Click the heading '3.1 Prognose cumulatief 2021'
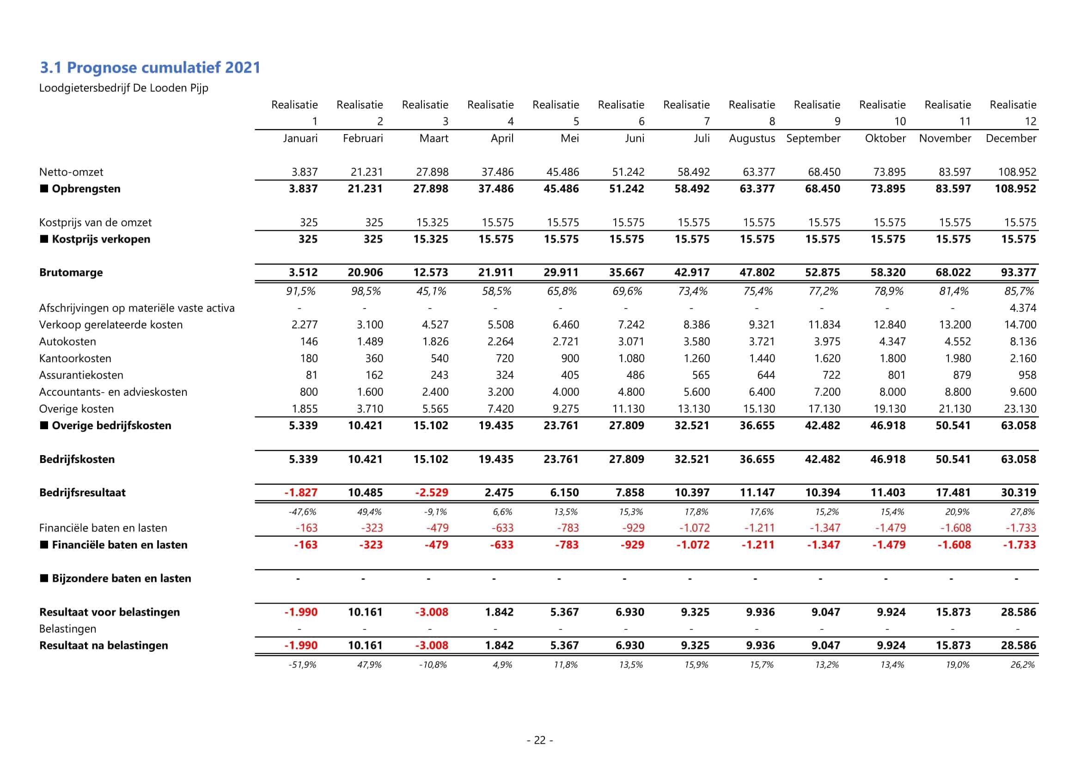coord(150,68)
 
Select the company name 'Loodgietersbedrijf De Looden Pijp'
coord(123,88)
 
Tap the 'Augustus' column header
coord(751,138)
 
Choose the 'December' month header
coord(1011,138)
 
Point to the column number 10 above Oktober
coord(900,122)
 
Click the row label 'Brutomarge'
coord(71,272)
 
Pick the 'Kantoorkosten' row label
coord(75,358)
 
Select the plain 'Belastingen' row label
coord(67,629)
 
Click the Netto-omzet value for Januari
coord(304,172)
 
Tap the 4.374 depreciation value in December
coord(1023,308)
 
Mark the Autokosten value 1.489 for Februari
coord(370,341)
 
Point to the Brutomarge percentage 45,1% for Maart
coord(431,291)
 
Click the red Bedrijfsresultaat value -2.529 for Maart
coord(431,493)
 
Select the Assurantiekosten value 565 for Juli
coord(701,376)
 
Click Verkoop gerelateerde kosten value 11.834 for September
coord(824,325)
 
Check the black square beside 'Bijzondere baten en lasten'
coord(44,578)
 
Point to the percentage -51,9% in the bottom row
coord(302,665)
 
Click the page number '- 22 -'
coord(539,740)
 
